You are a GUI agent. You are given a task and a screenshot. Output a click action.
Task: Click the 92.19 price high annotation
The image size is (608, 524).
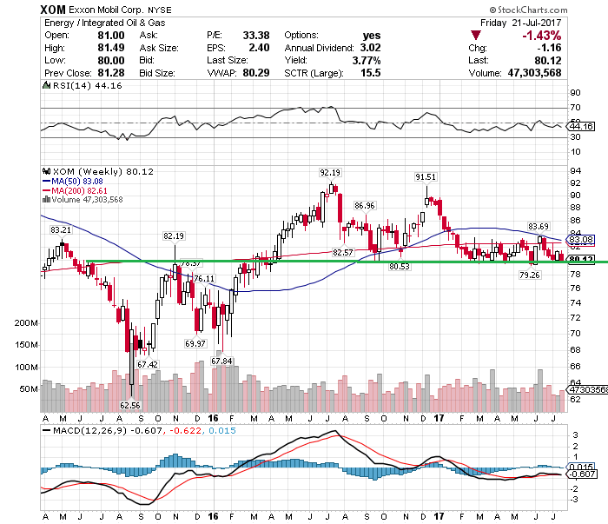(329, 172)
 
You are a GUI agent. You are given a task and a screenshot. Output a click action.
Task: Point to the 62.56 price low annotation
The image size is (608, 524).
(129, 404)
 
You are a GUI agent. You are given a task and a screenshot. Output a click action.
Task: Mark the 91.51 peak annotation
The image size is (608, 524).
(425, 176)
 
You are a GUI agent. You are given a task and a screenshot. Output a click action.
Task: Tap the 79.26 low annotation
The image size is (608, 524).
(531, 275)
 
